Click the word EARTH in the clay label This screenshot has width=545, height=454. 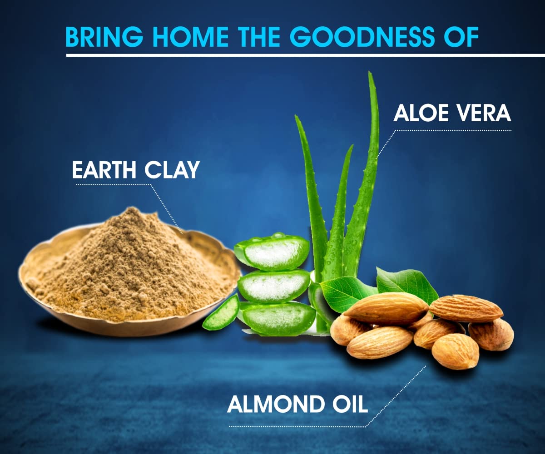point(104,170)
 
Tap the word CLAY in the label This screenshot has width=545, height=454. point(172,170)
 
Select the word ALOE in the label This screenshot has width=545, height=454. point(421,113)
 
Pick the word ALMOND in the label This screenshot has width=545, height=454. point(275,404)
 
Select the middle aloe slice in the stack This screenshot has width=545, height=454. point(274,286)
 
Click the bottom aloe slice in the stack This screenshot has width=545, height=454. point(278,318)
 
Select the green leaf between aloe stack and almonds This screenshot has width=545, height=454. point(347,293)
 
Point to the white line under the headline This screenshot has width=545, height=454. point(305,55)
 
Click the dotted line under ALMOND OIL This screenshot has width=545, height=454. point(297,427)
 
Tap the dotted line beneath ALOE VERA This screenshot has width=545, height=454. point(453,130)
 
